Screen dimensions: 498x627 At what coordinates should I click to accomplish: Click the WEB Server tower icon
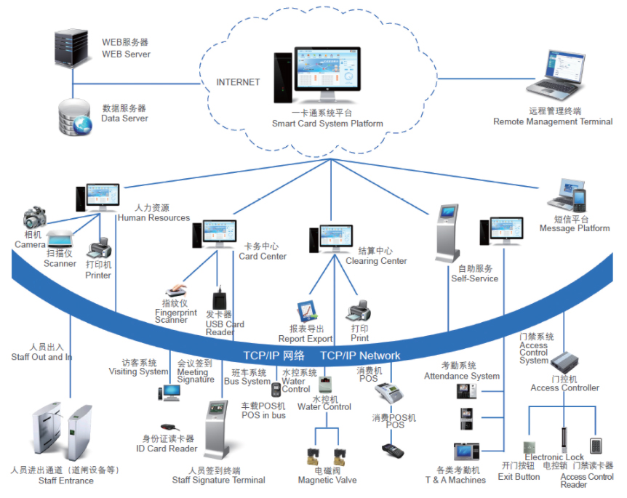(x=72, y=47)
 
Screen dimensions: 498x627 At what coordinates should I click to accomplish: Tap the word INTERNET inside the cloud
(x=238, y=82)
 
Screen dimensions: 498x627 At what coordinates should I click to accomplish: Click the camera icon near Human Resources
(x=34, y=218)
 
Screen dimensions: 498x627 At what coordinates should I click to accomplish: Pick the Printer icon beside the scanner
(x=99, y=251)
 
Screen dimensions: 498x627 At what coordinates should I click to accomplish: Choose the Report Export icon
(x=308, y=312)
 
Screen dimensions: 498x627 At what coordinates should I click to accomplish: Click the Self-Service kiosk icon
(x=447, y=233)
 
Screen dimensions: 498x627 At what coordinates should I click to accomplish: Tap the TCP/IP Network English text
(x=360, y=356)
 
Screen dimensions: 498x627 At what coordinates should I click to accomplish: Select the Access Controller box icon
(x=564, y=361)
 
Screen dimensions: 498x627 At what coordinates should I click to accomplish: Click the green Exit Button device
(x=531, y=443)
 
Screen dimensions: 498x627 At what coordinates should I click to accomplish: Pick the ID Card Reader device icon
(x=168, y=427)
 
